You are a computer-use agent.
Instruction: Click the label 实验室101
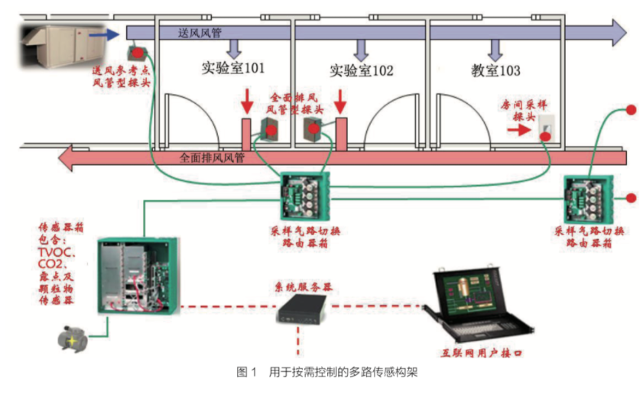pos(233,70)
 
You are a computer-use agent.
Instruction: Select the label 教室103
pos(495,71)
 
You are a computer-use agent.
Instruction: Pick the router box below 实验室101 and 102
pos(304,196)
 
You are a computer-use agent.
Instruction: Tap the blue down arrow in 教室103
pos(495,48)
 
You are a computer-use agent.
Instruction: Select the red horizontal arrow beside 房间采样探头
pos(518,131)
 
